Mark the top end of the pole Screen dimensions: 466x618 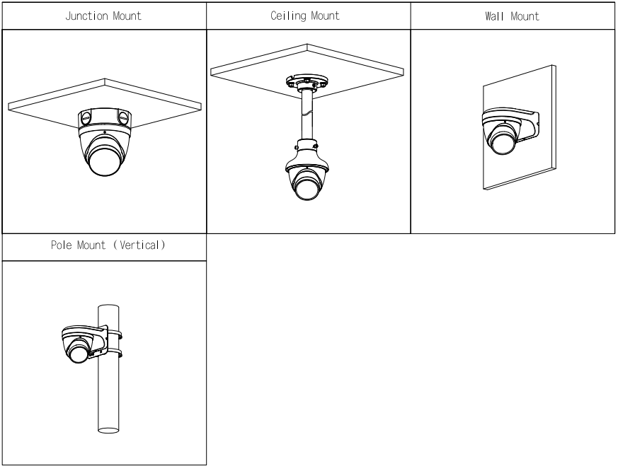(x=108, y=306)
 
